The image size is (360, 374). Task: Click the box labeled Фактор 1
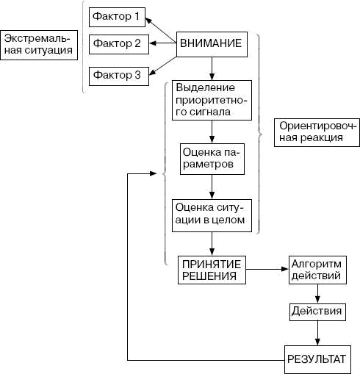(x=115, y=15)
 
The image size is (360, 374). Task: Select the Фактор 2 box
(x=115, y=44)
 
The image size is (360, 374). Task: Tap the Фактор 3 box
(x=115, y=75)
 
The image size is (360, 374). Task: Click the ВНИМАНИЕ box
(x=215, y=44)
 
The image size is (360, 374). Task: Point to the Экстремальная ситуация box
(x=38, y=44)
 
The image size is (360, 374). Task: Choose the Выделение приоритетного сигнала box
(x=212, y=100)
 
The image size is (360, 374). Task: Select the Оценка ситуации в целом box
(x=212, y=213)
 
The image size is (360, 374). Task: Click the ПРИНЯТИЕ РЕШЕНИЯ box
(x=212, y=270)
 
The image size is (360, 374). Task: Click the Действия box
(x=317, y=312)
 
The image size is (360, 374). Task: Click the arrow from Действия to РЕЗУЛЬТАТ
(x=317, y=333)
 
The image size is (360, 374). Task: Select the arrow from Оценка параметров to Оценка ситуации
(x=212, y=187)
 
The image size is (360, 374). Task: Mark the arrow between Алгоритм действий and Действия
(x=317, y=293)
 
